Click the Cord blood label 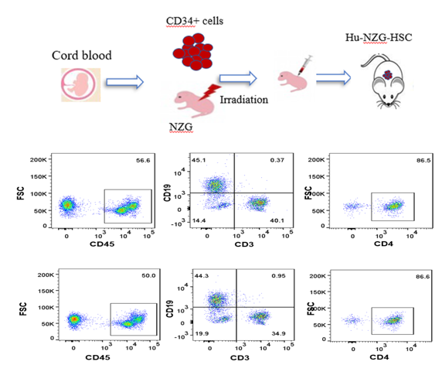pos(81,55)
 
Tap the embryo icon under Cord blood pos(81,84)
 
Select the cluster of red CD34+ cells pos(193,52)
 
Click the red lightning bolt pos(210,92)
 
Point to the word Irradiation pos(244,100)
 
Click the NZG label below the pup pos(181,127)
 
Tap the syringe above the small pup pos(305,65)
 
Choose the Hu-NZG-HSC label pos(379,37)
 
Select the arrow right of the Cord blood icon pos(125,82)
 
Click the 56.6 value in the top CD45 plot pos(143,161)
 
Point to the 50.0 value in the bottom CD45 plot pos(148,275)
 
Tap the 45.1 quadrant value pos(199,160)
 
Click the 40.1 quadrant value pos(277,220)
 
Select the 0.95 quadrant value pos(278,275)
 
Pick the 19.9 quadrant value pos(202,334)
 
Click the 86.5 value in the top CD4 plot pos(423,160)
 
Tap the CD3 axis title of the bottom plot pos(240,358)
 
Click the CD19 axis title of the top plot pos(168,193)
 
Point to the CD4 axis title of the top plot pos(383,244)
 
